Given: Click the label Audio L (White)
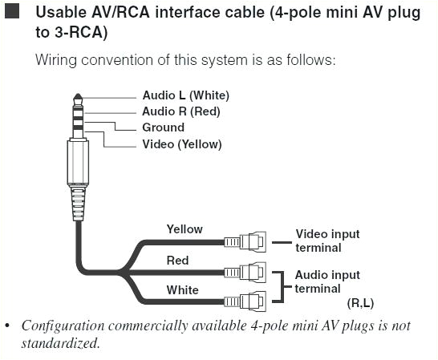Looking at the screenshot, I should coord(185,96).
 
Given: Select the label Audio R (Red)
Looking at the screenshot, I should coord(180,111).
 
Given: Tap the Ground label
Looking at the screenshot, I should coord(163,127).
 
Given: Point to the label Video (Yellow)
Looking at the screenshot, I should coord(181,144).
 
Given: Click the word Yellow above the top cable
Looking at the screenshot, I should coord(185,229).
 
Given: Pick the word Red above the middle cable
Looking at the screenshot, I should coord(177,261).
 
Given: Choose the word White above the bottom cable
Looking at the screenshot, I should coord(182,289).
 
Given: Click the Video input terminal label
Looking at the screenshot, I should coord(327,241).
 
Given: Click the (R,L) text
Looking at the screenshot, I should coord(360,303).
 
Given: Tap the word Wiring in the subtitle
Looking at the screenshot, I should coord(58,60).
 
